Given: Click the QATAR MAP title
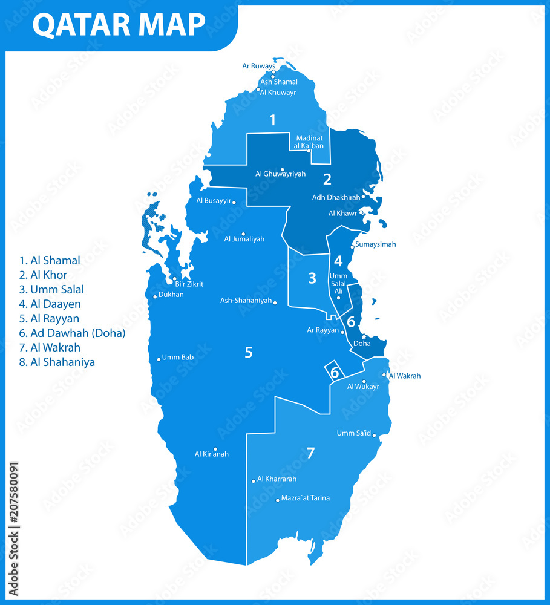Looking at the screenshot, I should [119, 25].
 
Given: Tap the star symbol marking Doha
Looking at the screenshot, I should [364, 336].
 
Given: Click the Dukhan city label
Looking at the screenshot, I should [172, 295].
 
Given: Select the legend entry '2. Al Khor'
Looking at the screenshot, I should [43, 275].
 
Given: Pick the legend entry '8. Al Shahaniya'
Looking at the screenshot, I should [57, 362].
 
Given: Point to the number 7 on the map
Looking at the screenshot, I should [310, 453].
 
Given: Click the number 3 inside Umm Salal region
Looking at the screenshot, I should [312, 278].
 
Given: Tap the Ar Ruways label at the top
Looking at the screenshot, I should [258, 65].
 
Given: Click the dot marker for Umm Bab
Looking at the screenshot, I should [159, 359].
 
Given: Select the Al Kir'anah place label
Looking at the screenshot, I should [212, 454].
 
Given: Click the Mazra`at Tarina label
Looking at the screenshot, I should [306, 498].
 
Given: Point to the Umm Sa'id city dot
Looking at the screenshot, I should [375, 435].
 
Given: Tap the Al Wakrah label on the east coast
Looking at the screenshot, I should [405, 376].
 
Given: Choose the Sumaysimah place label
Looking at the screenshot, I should [376, 244].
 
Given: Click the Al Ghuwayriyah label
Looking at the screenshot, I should [280, 174].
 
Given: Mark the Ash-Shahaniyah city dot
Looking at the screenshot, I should [275, 302].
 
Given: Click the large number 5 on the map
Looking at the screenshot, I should [248, 352].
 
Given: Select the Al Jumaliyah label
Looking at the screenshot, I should [244, 239].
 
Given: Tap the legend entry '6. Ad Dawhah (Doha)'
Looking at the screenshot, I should [72, 333].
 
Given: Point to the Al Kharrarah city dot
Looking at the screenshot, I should [254, 481].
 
